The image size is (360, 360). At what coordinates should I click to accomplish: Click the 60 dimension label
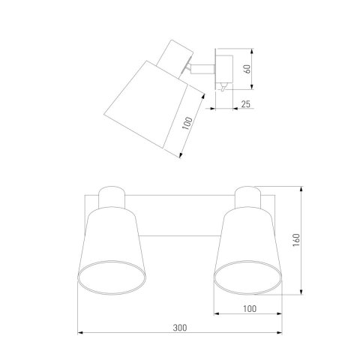pos(247,69)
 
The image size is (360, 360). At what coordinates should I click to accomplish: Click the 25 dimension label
pos(246,104)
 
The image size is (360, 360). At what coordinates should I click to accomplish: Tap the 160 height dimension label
pos(296,240)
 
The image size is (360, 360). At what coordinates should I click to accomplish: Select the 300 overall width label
pos(180,328)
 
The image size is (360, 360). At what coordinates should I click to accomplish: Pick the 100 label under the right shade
pos(250,309)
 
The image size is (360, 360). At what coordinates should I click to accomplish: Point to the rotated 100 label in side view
pos(187,124)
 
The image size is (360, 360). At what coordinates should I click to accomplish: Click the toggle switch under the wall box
pos(223,87)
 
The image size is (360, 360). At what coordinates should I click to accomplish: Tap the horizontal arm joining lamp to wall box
pos(202,69)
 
